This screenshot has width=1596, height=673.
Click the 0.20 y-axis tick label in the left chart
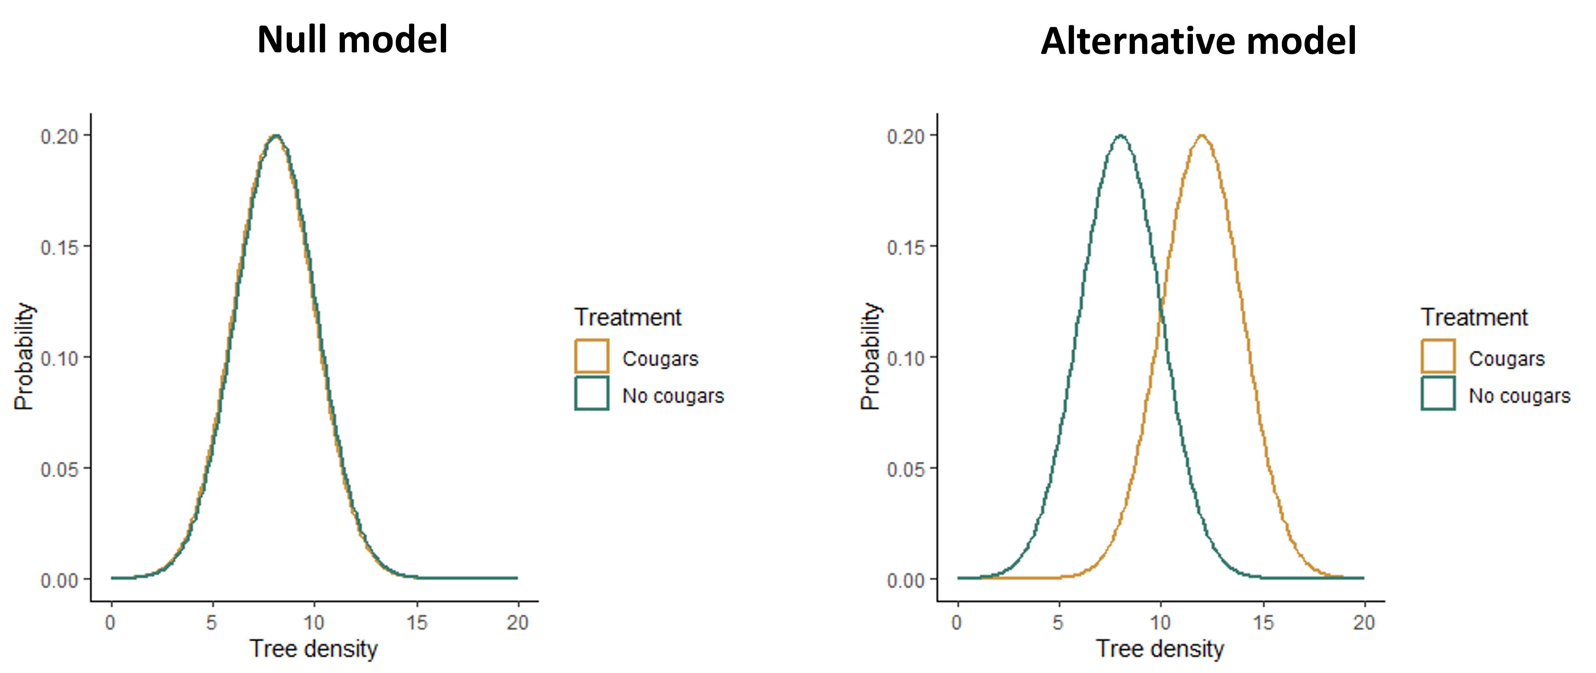click(60, 137)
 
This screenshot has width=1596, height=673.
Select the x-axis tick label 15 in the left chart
click(417, 622)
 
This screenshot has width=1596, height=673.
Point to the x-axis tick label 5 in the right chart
click(1058, 622)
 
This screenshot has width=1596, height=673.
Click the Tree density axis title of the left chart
click(313, 649)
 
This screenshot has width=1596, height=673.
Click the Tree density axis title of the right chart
click(1160, 649)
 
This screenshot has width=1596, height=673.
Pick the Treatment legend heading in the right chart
click(1474, 317)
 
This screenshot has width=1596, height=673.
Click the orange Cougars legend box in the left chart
click(592, 356)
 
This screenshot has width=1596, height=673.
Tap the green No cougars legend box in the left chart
click(592, 393)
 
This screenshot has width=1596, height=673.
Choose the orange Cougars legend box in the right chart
click(1438, 356)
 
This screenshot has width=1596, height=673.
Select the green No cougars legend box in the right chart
click(1438, 393)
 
